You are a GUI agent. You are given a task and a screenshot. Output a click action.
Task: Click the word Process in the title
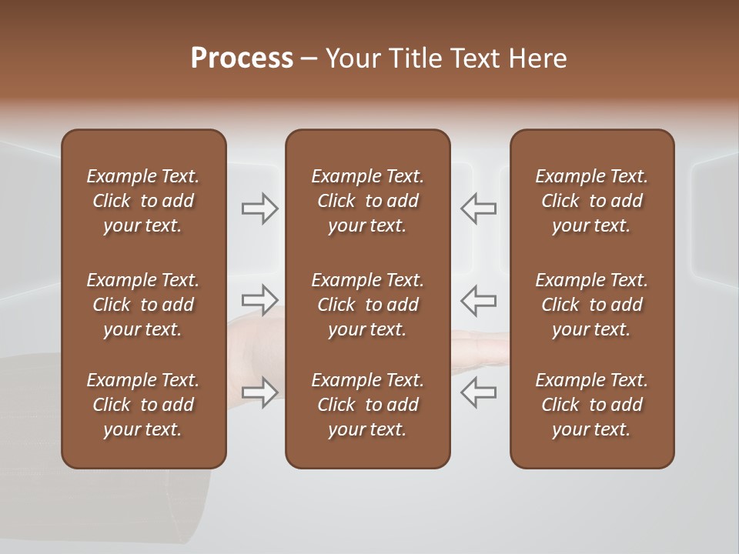click(x=242, y=58)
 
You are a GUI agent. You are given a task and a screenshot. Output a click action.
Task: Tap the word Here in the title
click(x=537, y=58)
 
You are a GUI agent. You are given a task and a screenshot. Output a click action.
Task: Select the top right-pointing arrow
click(x=259, y=209)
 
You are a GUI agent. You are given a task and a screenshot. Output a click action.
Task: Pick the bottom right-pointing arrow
click(x=259, y=392)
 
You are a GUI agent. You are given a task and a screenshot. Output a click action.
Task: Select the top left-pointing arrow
click(x=478, y=209)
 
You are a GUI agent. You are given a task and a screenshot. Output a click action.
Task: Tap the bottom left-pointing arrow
click(x=478, y=392)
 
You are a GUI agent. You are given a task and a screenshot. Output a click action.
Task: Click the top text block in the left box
click(x=143, y=201)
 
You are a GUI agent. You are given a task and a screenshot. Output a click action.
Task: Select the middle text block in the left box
click(x=143, y=305)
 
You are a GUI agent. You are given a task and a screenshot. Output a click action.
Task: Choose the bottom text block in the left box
click(x=143, y=405)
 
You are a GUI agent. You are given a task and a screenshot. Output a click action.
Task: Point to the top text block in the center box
click(x=367, y=201)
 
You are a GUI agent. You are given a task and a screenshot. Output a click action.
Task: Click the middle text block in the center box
click(x=367, y=305)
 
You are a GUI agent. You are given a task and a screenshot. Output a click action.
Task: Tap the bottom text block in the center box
click(x=367, y=405)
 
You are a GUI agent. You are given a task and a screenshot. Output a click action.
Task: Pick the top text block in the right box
click(x=591, y=201)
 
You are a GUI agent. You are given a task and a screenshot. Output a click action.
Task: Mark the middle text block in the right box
click(x=591, y=305)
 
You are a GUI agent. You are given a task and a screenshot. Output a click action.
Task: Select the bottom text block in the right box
click(x=591, y=405)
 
